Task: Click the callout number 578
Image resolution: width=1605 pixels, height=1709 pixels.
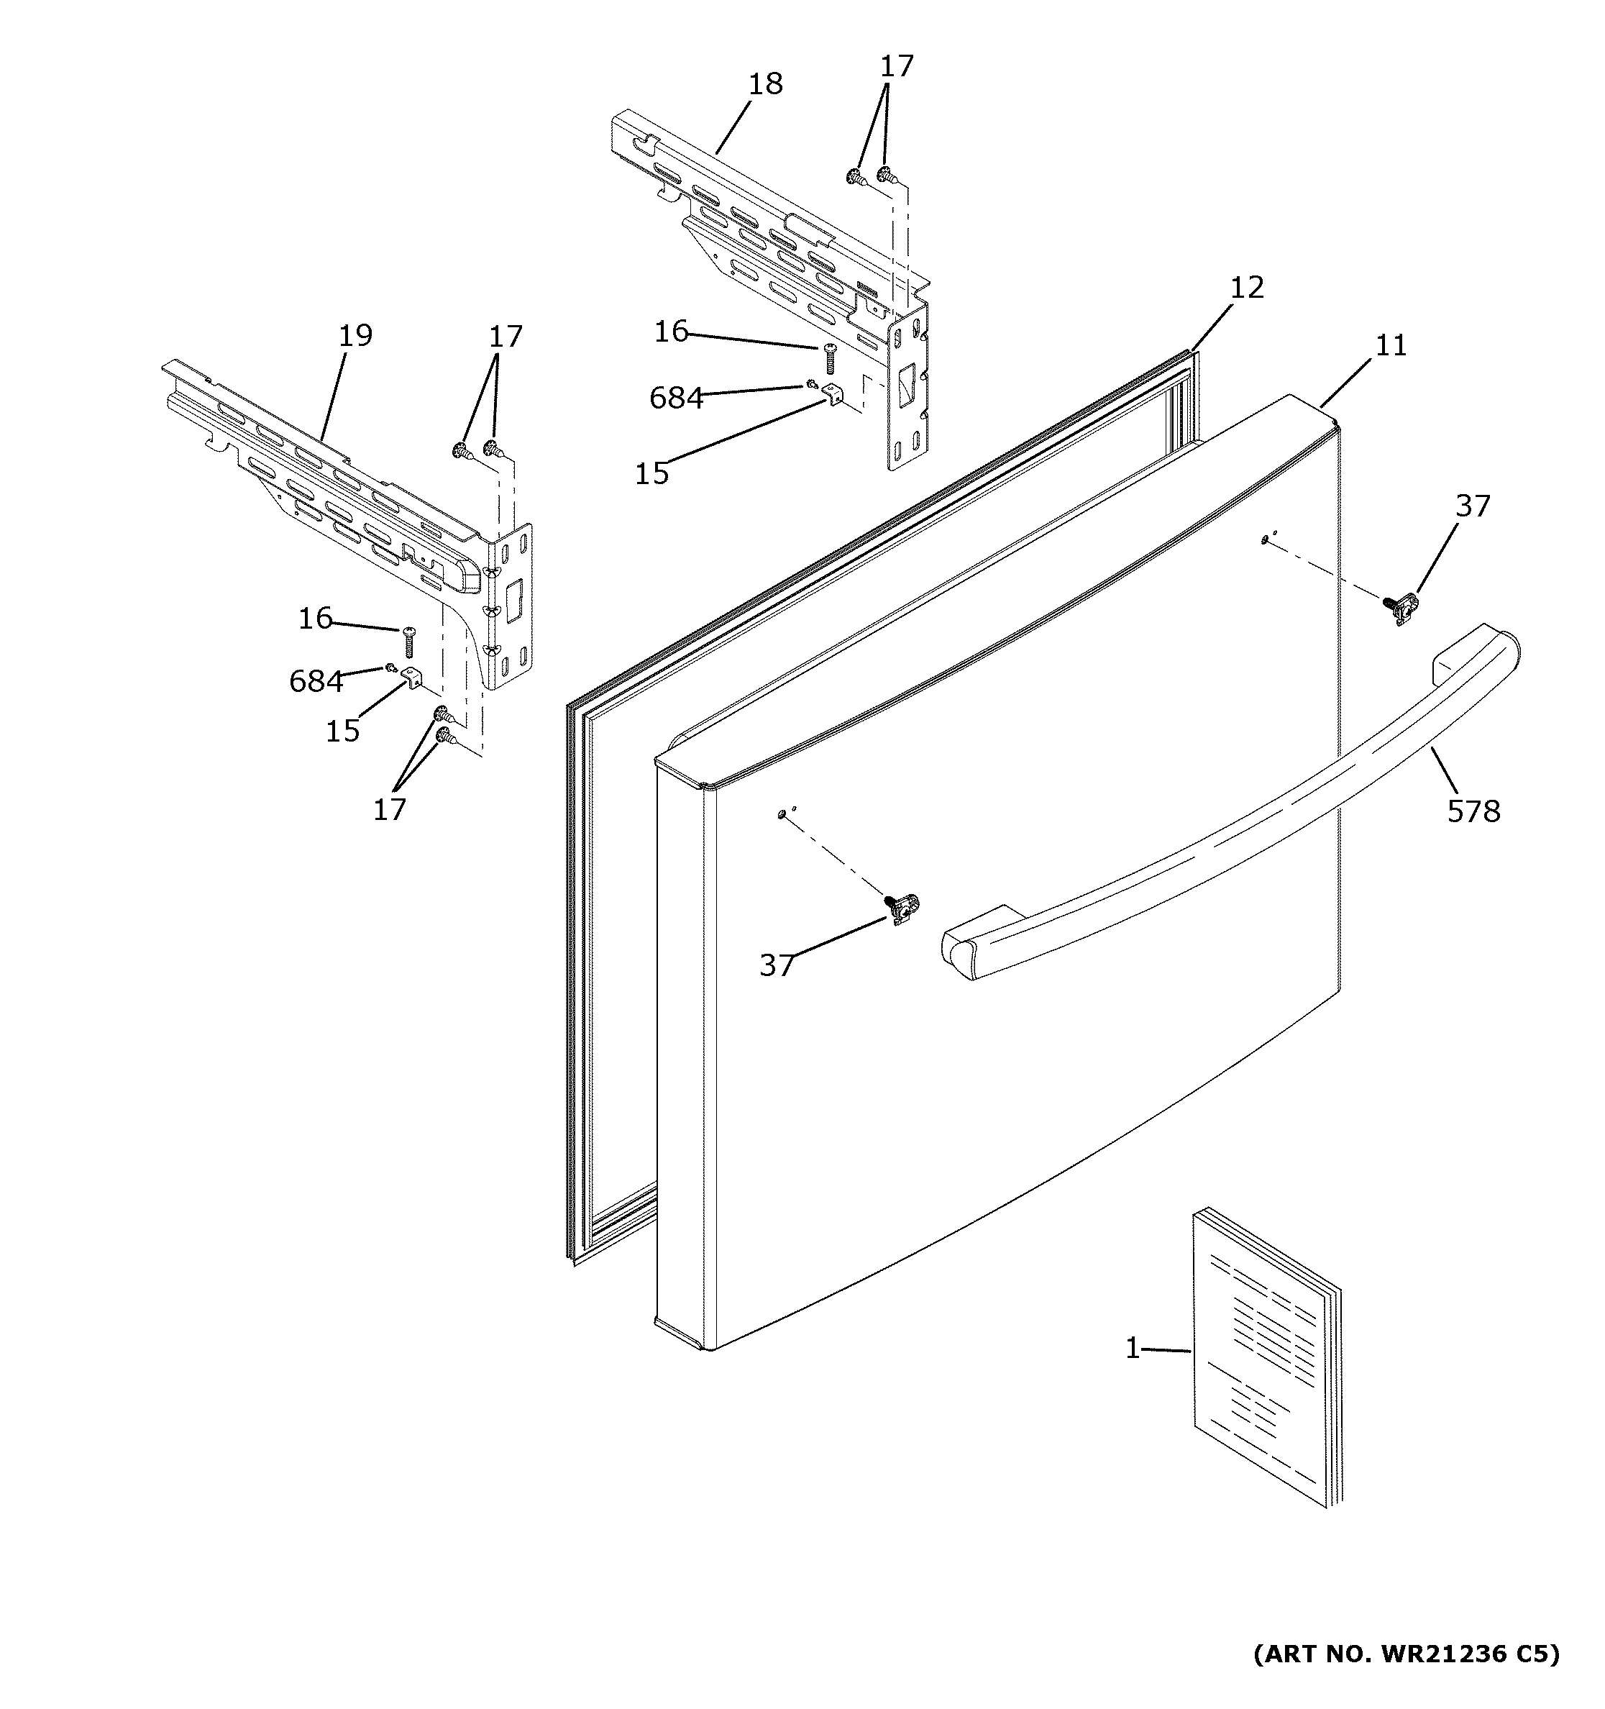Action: pyautogui.click(x=1473, y=811)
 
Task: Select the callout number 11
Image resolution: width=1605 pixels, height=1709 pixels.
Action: pyautogui.click(x=1391, y=345)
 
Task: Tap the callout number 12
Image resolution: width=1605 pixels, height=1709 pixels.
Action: pyautogui.click(x=1247, y=287)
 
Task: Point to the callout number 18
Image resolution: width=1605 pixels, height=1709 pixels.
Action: pyautogui.click(x=764, y=84)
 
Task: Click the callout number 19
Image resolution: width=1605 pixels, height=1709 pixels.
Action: pyautogui.click(x=355, y=335)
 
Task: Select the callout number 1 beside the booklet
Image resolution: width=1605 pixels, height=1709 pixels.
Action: pyautogui.click(x=1133, y=1349)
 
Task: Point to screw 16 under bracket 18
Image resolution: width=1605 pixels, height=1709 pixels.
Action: pyautogui.click(x=829, y=357)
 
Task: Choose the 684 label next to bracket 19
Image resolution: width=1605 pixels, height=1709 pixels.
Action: pyautogui.click(x=316, y=681)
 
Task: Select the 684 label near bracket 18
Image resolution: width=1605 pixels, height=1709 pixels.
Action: pyautogui.click(x=675, y=398)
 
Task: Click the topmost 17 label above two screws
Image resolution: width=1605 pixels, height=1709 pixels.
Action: pyautogui.click(x=896, y=66)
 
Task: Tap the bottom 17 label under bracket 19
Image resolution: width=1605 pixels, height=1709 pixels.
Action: pyautogui.click(x=389, y=809)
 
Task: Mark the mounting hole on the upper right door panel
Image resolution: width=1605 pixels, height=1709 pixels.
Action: pyautogui.click(x=1265, y=540)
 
